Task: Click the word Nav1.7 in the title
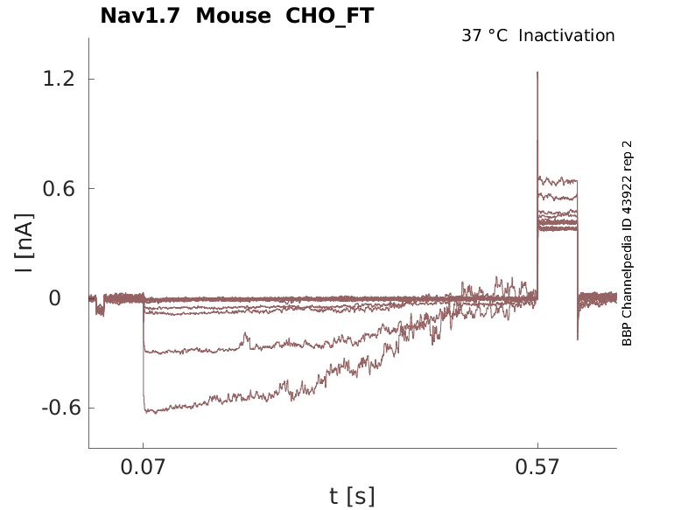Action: pyautogui.click(x=141, y=16)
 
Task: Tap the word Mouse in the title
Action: pyautogui.click(x=234, y=16)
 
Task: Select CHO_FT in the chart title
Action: pyautogui.click(x=330, y=16)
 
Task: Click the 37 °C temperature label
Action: pyautogui.click(x=484, y=36)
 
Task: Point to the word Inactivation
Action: pyautogui.click(x=567, y=36)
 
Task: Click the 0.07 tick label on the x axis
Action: pyautogui.click(x=143, y=468)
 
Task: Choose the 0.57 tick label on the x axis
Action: pyautogui.click(x=537, y=468)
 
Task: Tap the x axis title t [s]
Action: pyautogui.click(x=352, y=497)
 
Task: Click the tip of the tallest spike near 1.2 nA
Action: pyautogui.click(x=537, y=73)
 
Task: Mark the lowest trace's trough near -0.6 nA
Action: pyautogui.click(x=150, y=411)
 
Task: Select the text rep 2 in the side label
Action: pyautogui.click(x=627, y=155)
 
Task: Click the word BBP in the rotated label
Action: pyautogui.click(x=627, y=335)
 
